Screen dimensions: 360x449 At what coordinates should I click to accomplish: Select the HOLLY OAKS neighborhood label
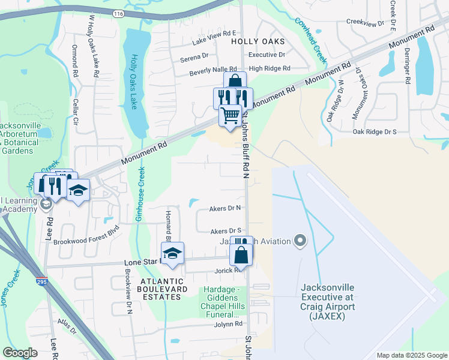(257, 42)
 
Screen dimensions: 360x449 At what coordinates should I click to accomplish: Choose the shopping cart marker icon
(230, 115)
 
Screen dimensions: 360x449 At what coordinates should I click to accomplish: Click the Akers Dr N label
(226, 209)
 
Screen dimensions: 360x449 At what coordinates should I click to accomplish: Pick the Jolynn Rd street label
(228, 324)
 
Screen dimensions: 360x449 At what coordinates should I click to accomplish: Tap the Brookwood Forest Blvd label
(86, 242)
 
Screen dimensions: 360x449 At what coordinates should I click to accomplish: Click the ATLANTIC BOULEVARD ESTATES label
(161, 289)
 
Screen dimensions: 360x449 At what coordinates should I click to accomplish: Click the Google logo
(20, 352)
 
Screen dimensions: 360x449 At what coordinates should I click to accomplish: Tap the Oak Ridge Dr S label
(375, 131)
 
